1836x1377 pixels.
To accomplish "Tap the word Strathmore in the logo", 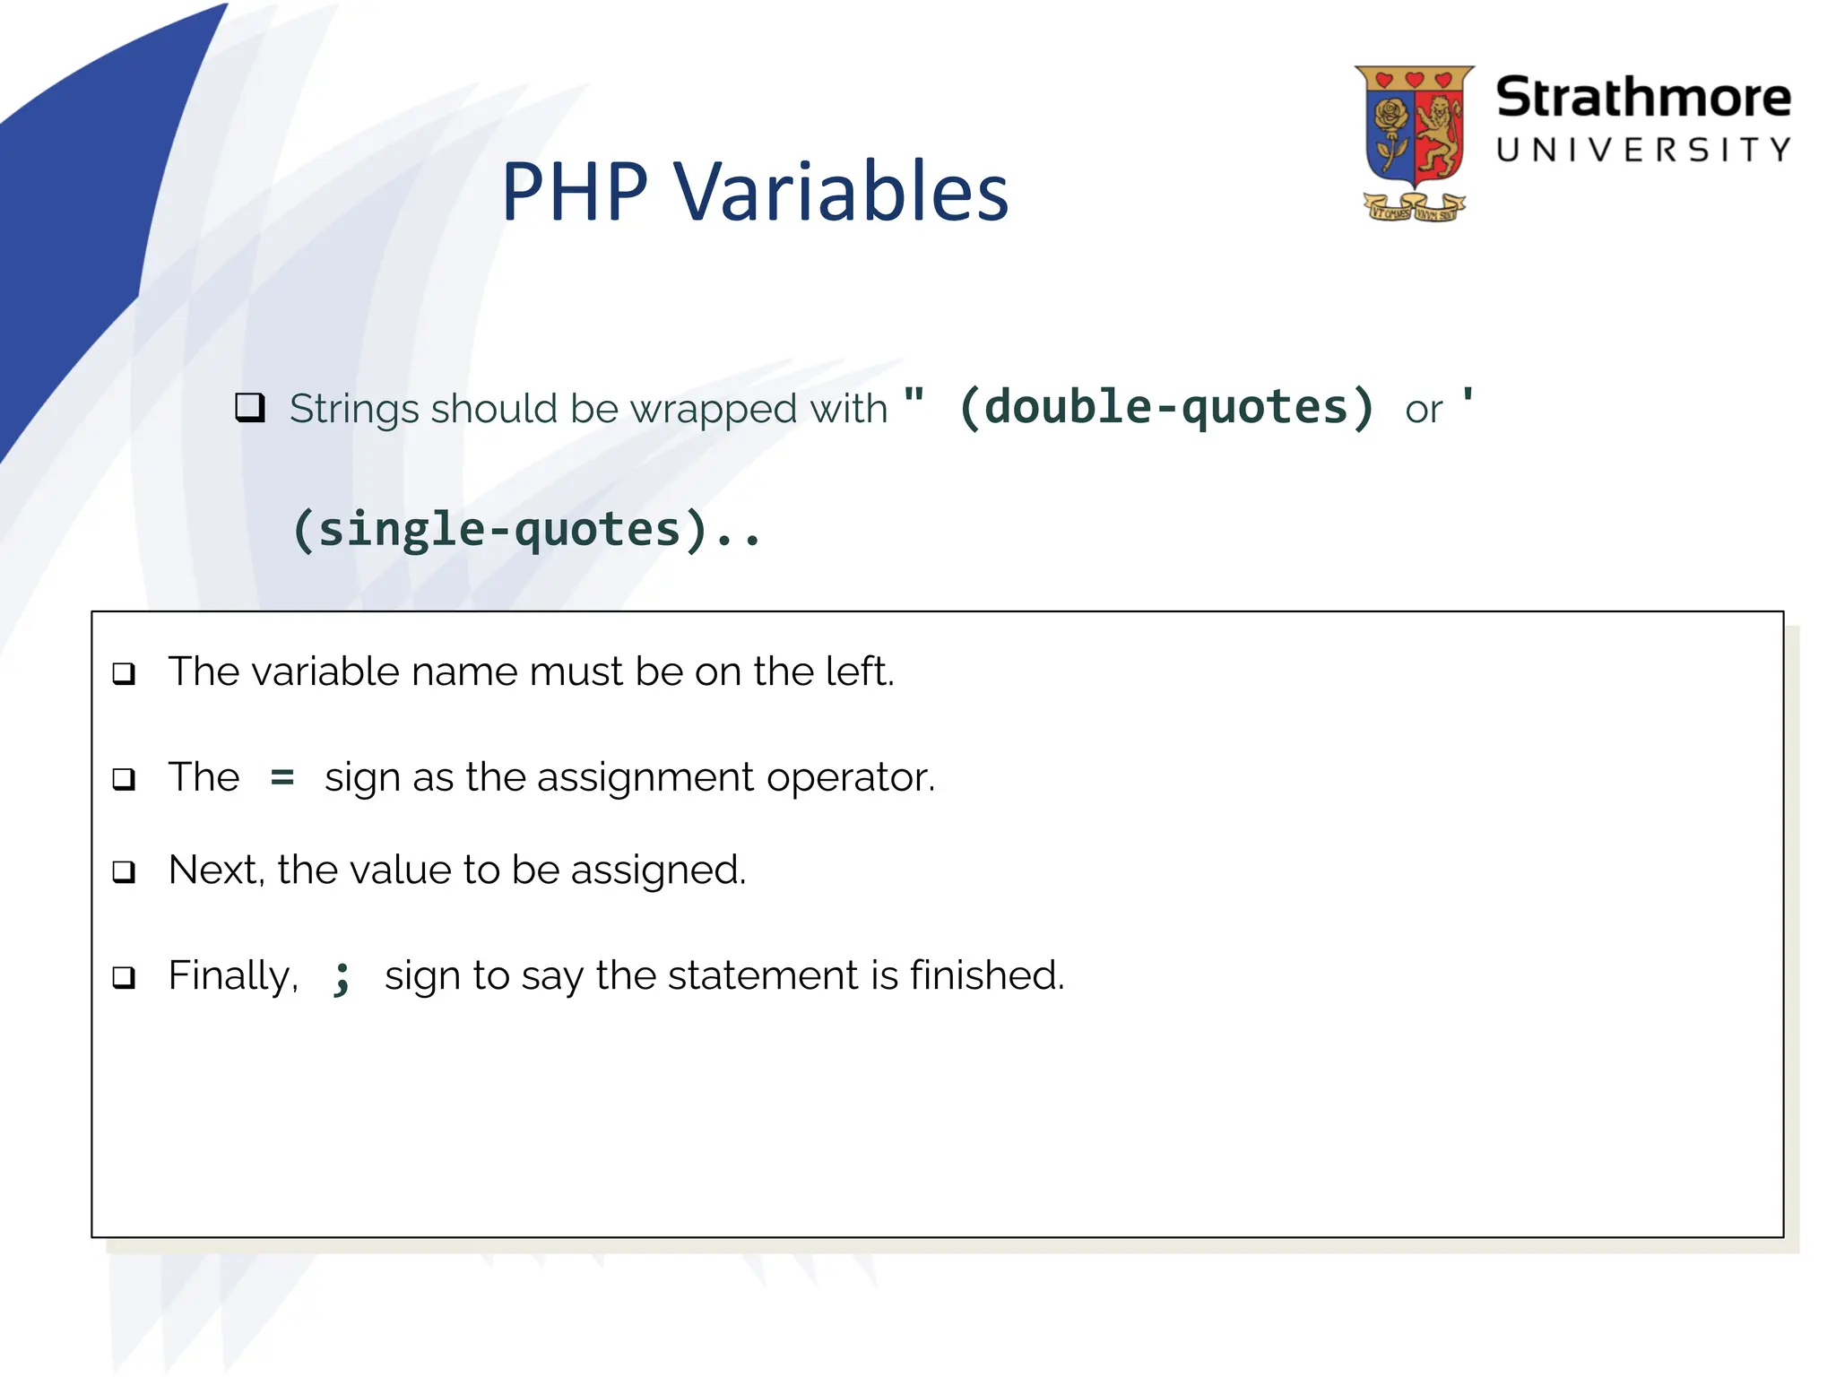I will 1642,97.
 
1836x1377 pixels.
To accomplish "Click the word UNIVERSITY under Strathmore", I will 1643,150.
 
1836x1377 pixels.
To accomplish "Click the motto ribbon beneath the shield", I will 1414,209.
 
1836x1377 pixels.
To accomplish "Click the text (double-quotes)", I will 1165,408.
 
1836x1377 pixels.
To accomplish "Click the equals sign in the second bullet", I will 282,776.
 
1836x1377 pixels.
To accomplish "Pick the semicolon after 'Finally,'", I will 342,977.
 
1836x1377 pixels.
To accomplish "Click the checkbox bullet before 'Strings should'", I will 249,408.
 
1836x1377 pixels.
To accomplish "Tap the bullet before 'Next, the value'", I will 124,871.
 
